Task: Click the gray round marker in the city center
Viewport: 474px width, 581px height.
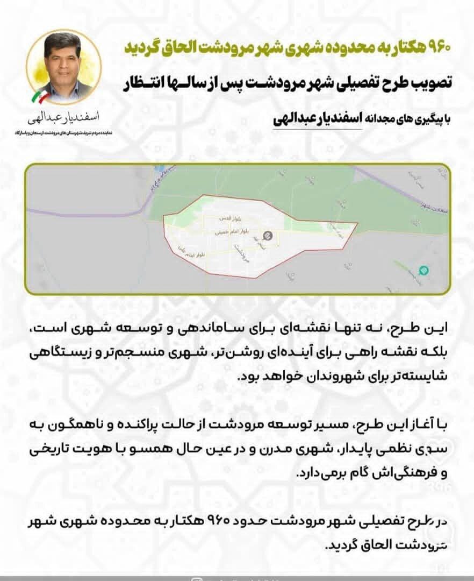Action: point(267,235)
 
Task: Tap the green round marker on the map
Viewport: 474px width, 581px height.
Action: point(423,270)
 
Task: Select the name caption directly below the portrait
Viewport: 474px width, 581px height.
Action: point(63,117)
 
